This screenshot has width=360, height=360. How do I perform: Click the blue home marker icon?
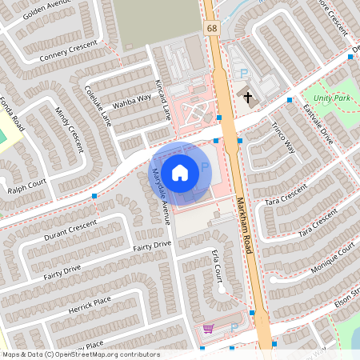coord(180,171)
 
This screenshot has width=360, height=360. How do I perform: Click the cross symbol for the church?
coord(248,98)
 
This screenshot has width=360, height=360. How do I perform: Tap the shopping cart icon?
coord(208,329)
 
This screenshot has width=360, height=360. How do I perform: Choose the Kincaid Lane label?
coord(162,100)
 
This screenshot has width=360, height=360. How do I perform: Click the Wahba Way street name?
coord(132,101)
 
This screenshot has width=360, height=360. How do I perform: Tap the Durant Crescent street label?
coord(70,229)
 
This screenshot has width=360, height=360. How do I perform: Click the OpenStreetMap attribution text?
coord(80,354)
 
